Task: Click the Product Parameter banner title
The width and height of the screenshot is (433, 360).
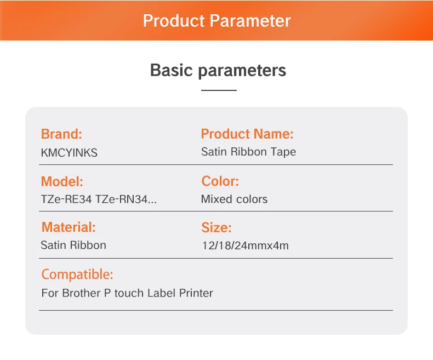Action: (217, 21)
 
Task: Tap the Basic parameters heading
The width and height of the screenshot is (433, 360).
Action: (218, 70)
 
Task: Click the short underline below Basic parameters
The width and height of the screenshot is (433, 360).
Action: (219, 90)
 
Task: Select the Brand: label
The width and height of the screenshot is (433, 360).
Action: (61, 134)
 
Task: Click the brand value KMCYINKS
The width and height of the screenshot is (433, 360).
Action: (69, 153)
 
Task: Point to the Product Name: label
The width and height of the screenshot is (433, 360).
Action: (247, 134)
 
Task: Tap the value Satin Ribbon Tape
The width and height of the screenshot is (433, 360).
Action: (248, 152)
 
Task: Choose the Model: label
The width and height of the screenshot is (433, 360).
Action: (62, 181)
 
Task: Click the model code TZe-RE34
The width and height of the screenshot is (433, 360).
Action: (66, 199)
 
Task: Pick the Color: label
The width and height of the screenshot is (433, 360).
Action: (220, 181)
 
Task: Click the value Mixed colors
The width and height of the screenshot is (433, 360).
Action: (234, 199)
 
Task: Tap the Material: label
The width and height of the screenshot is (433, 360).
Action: (69, 227)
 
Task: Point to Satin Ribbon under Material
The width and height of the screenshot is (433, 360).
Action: (73, 245)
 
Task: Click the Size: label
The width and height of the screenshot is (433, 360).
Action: (216, 227)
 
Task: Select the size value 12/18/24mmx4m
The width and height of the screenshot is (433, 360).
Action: (246, 245)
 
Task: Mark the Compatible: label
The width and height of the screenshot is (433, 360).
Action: (77, 275)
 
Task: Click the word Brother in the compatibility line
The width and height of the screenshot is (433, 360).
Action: (81, 293)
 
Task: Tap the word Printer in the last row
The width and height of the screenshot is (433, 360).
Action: (196, 293)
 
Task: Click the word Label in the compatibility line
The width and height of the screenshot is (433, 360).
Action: (162, 293)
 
